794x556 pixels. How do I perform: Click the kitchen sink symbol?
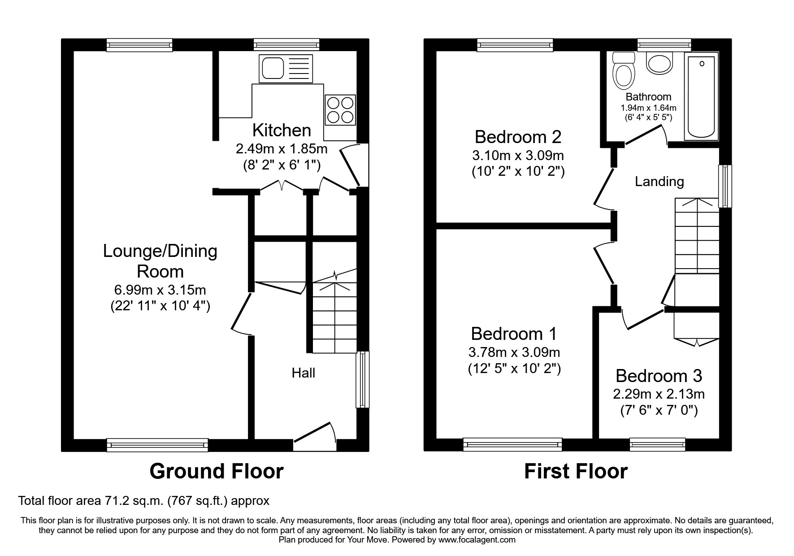[286, 69]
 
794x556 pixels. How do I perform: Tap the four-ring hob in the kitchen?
[340, 110]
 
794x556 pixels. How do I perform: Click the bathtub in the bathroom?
[701, 96]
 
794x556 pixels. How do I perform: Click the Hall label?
[304, 373]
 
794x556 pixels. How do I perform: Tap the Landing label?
[659, 182]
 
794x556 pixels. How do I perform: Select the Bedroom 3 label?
[658, 376]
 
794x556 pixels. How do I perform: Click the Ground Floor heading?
[216, 471]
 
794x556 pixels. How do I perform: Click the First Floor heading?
[576, 471]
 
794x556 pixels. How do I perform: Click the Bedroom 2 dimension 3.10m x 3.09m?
[518, 156]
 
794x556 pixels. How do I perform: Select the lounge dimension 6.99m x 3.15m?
[160, 290]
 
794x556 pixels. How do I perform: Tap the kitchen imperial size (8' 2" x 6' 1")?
[281, 165]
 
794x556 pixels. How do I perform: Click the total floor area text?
[143, 500]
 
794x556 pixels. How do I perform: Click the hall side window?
[362, 379]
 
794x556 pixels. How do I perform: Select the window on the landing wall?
[725, 186]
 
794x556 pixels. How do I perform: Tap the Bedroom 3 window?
[657, 445]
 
